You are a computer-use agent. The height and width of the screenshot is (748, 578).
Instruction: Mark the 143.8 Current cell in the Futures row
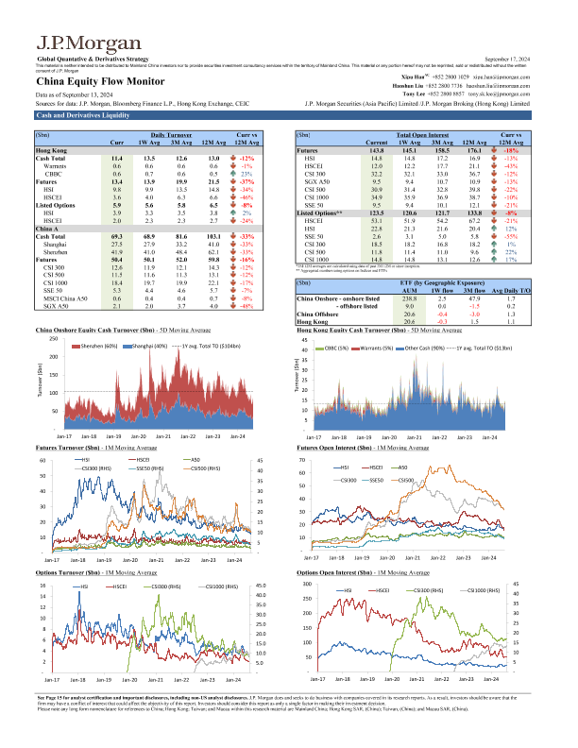380,150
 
